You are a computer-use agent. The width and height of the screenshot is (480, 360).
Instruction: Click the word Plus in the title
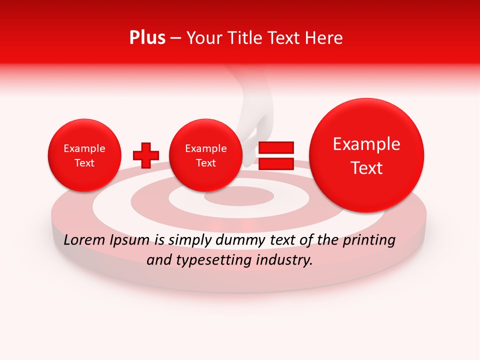pyautogui.click(x=147, y=38)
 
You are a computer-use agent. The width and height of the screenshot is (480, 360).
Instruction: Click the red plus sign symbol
pyautogui.click(x=145, y=155)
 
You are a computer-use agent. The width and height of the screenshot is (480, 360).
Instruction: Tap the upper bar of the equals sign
pyautogui.click(x=275, y=147)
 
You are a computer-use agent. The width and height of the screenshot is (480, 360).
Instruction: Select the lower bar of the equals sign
pyautogui.click(x=275, y=163)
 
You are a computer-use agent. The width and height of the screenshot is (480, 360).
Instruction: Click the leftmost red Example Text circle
pyautogui.click(x=84, y=155)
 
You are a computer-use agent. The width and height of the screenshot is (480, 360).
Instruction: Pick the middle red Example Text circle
pyautogui.click(x=205, y=155)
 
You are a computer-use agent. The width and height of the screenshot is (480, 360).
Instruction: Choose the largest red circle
pyautogui.click(x=366, y=155)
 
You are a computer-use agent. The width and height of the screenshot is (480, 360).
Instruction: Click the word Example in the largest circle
pyautogui.click(x=366, y=144)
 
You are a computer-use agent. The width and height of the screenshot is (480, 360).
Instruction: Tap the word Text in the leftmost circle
pyautogui.click(x=84, y=163)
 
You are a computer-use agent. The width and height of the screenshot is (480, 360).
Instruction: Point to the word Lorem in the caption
pyautogui.click(x=82, y=240)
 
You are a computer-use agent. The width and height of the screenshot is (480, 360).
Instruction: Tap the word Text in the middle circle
pyautogui.click(x=205, y=163)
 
